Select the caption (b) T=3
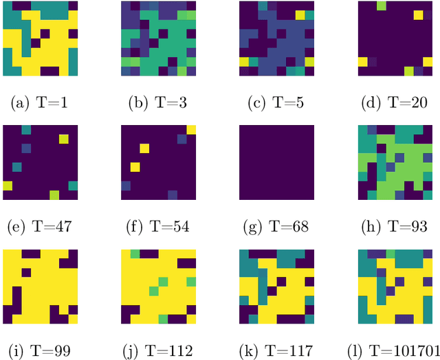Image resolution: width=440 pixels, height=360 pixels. pyautogui.click(x=158, y=104)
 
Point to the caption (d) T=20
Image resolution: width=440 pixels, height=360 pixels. pyautogui.click(x=395, y=104)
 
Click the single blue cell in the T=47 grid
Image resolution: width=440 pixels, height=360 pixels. pyautogui.click(x=26, y=148)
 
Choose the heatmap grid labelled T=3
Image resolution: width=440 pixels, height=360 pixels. pyautogui.click(x=158, y=38)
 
